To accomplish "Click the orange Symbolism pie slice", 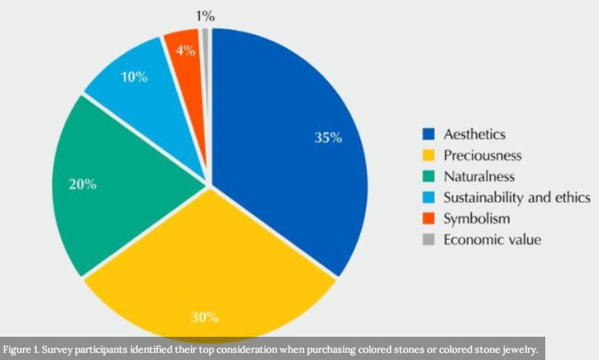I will click(x=183, y=56).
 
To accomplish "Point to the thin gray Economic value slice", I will click(x=206, y=48).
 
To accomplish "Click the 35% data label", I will click(x=328, y=137).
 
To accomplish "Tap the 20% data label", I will click(x=83, y=184).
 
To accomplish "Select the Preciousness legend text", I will click(x=483, y=155).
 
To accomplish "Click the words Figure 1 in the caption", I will click(x=23, y=350).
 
